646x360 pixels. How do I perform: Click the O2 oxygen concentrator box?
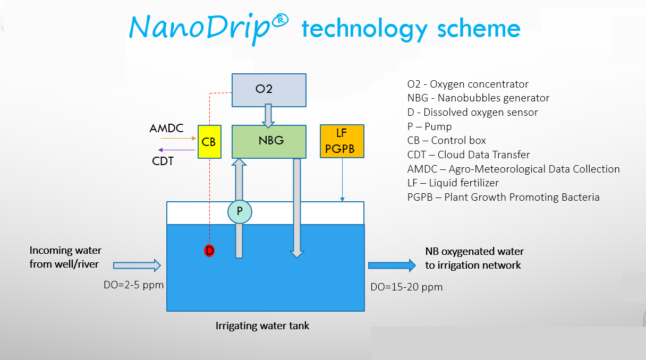click(269, 90)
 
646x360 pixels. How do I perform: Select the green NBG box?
click(269, 142)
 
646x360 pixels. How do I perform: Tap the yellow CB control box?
click(209, 142)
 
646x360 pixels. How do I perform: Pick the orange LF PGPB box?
click(342, 141)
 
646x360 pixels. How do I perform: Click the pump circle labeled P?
click(240, 212)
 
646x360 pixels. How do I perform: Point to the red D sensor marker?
click(209, 251)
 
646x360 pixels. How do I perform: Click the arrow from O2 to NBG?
click(268, 116)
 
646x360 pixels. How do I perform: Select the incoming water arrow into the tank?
click(137, 265)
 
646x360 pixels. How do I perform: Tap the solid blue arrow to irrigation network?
click(392, 265)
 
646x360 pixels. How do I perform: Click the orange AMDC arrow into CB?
click(178, 139)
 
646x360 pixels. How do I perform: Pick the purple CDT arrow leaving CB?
click(177, 150)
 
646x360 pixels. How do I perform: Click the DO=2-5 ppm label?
click(133, 285)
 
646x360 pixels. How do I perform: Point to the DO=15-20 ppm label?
click(406, 287)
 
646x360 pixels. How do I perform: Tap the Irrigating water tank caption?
click(262, 325)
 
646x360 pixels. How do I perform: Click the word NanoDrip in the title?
click(200, 28)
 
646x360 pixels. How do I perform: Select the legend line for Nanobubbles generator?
click(478, 98)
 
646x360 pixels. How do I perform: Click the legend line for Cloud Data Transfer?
click(469, 155)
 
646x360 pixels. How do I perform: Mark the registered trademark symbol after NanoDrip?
click(280, 20)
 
